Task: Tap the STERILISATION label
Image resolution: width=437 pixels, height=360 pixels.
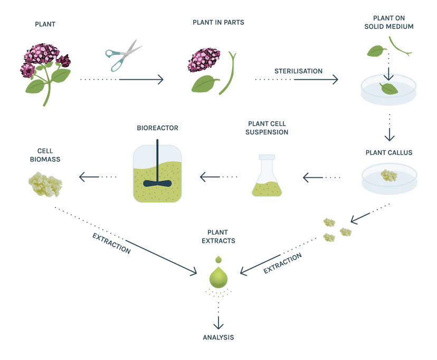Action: tap(298, 71)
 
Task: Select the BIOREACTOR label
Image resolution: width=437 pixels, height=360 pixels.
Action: tap(157, 128)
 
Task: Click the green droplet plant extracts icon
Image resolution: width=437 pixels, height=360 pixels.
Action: tap(218, 274)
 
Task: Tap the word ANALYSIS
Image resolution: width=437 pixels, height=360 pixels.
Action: tap(218, 337)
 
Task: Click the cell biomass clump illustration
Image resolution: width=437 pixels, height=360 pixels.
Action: tap(45, 182)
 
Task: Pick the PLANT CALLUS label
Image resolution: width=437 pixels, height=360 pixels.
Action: tap(389, 153)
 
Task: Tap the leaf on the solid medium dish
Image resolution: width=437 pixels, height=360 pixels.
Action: tap(389, 89)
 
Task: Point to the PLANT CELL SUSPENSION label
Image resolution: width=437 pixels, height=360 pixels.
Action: tap(267, 128)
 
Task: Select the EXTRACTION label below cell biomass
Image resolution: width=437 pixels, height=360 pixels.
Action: tap(111, 242)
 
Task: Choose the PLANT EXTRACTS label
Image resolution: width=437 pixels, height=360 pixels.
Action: tap(218, 236)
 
